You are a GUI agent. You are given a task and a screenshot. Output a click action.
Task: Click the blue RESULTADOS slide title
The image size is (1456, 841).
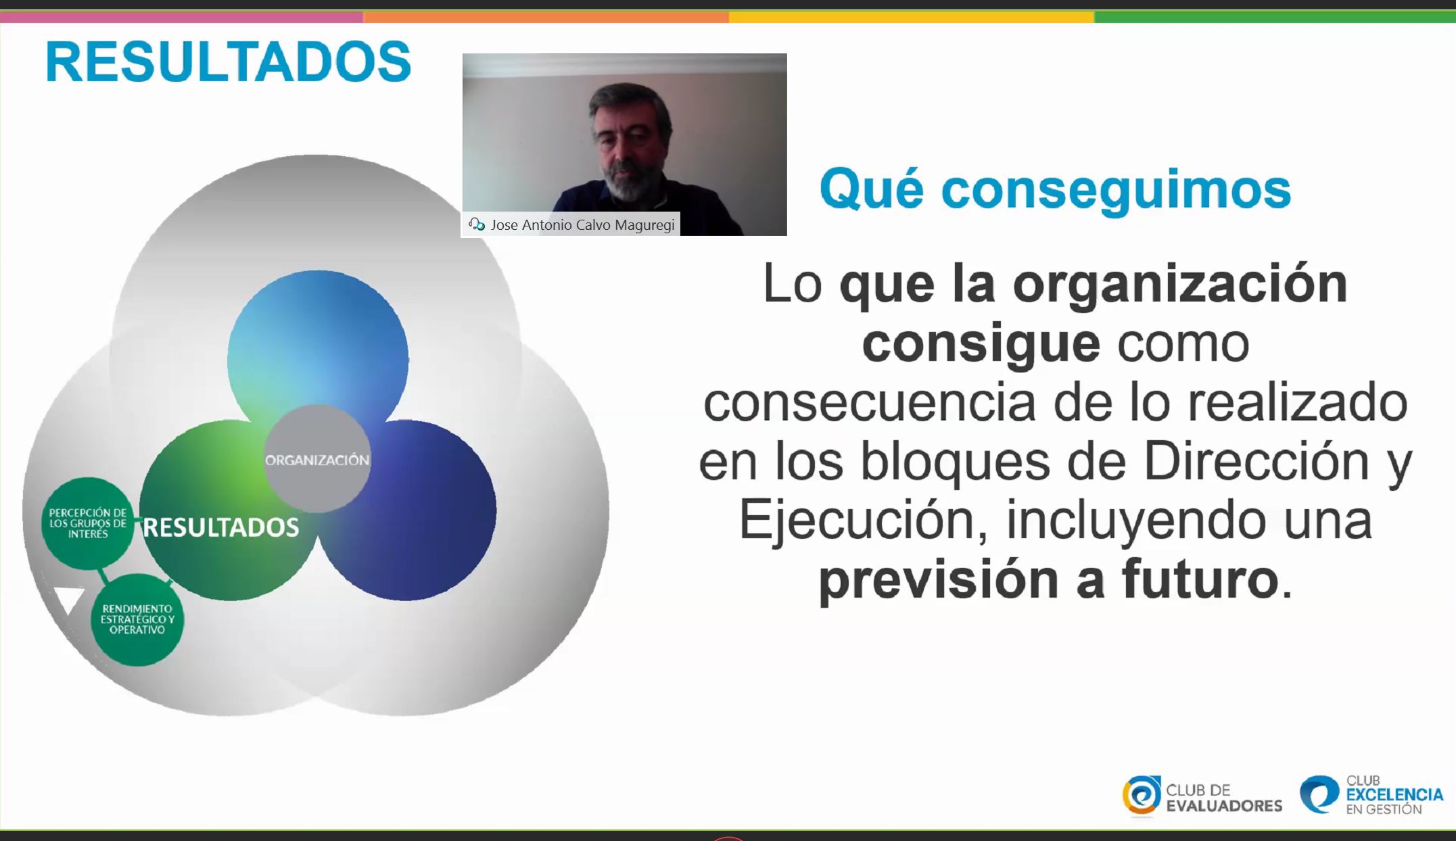(228, 62)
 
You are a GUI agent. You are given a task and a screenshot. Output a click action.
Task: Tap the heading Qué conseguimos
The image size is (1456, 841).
(1055, 189)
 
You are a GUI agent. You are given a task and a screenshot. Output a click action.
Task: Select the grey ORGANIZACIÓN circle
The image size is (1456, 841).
(317, 459)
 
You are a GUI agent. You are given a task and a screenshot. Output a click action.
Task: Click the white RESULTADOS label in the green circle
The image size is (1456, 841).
(221, 527)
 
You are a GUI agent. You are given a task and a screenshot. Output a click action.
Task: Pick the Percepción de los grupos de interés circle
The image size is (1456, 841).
(87, 523)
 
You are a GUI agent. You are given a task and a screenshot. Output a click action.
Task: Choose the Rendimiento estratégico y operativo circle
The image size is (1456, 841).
(137, 619)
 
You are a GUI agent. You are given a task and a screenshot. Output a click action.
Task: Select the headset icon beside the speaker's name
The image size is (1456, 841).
(477, 224)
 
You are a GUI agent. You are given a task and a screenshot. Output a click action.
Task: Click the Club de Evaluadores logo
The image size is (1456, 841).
(1202, 796)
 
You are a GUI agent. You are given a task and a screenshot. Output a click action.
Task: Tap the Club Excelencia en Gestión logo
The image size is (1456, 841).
(1371, 795)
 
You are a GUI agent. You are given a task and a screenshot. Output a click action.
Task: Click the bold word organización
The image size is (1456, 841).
(1180, 284)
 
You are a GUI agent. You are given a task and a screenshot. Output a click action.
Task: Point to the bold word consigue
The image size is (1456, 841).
(981, 343)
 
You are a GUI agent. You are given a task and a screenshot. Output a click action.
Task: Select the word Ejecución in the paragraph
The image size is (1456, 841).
(863, 521)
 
